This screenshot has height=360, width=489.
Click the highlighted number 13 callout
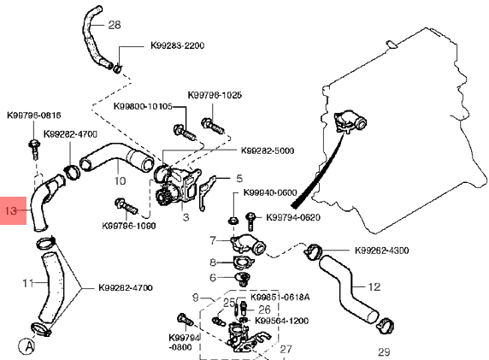coord(10,210)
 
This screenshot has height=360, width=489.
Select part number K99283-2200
coord(178,45)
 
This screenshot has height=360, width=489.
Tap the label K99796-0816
coord(34,115)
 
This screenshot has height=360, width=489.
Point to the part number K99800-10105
coord(143,106)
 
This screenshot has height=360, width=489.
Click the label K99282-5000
coord(268,150)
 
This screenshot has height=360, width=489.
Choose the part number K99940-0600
coord(270,192)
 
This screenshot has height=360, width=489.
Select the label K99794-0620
coord(293,217)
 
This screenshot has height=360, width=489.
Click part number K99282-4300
coord(382,251)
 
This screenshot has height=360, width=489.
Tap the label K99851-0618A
coord(280,297)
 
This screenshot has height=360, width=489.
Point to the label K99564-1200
coord(282,321)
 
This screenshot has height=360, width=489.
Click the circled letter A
coord(27,346)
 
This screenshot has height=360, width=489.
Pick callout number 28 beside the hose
coord(115,25)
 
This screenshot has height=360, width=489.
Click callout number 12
coord(374,286)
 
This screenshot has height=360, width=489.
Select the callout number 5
coord(239,179)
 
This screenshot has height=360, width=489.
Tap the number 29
coord(384,352)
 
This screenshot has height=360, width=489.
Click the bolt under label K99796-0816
coord(34,149)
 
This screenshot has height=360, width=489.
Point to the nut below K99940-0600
coord(233,221)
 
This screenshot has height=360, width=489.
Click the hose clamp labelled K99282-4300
coord(313,252)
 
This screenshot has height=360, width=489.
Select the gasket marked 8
coord(243,262)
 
